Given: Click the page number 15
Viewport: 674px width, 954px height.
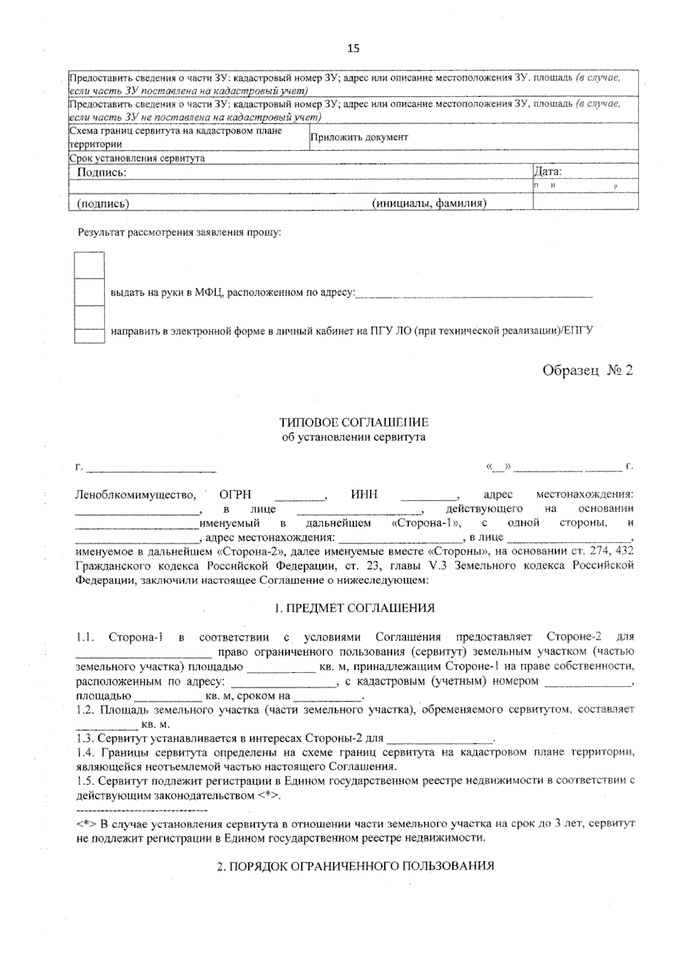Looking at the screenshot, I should (x=353, y=48).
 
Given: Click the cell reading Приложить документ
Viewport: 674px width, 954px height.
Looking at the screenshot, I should (x=359, y=138).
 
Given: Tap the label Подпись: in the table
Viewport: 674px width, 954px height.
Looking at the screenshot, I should (x=101, y=172).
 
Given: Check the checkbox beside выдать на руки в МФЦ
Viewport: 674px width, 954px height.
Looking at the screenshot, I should (x=89, y=292).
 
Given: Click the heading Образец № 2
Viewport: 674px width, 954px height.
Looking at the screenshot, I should (x=587, y=371).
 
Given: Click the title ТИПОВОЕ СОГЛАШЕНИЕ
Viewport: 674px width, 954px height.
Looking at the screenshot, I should (x=354, y=423).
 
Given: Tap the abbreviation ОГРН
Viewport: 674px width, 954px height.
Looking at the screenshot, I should (x=235, y=495).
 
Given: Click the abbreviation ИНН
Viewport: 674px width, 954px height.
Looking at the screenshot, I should (x=364, y=495).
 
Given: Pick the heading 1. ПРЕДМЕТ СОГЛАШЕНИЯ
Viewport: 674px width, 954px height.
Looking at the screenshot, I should (x=354, y=608).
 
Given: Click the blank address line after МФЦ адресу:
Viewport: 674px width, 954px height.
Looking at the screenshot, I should (x=475, y=293).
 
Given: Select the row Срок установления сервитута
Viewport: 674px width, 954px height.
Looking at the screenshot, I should (x=137, y=158).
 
